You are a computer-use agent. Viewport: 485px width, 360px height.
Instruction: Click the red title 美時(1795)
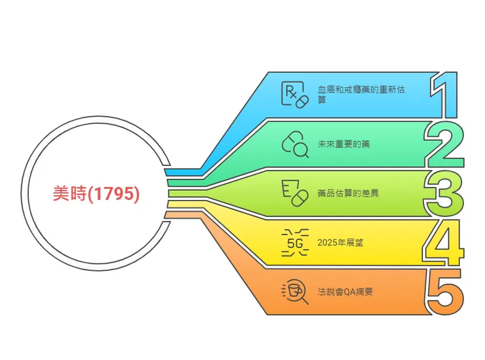[96, 193]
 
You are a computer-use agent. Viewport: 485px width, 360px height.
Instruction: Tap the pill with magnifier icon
[295, 144]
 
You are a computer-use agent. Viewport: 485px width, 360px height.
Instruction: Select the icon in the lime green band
[294, 193]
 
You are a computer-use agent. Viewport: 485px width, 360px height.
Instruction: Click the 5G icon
[294, 242]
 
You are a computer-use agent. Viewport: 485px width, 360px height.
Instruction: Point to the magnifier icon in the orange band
[295, 291]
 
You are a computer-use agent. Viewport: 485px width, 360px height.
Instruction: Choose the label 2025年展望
[339, 242]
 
